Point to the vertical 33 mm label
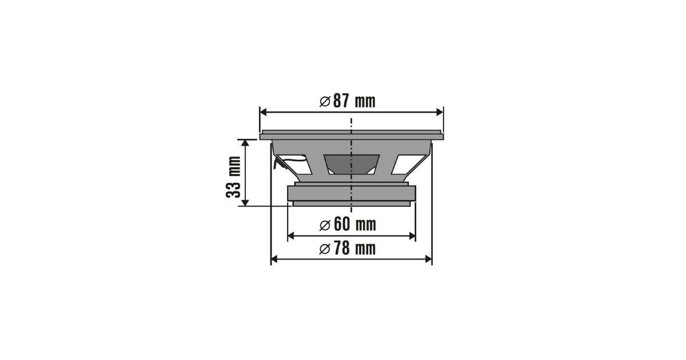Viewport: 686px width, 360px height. coord(233,177)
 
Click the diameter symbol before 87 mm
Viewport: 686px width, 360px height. coord(325,101)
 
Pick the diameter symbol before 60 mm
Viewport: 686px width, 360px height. coord(325,225)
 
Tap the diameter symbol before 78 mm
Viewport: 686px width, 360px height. coord(325,249)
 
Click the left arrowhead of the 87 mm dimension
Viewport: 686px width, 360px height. coord(263,113)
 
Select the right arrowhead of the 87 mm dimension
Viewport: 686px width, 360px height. coord(440,113)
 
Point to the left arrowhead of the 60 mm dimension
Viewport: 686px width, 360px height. coord(291,235)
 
